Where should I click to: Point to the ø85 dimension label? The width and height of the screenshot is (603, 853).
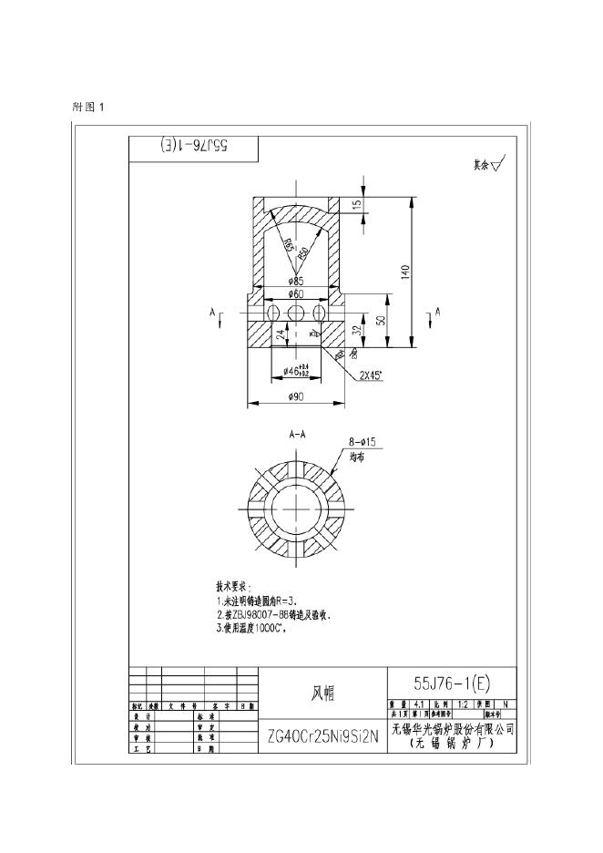tap(295, 281)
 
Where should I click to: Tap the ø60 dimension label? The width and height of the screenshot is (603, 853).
tap(295, 294)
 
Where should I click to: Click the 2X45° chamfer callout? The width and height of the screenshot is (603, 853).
tap(371, 374)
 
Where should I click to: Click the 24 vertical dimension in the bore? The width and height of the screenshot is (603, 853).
tap(281, 334)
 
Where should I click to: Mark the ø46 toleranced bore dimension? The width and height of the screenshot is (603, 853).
tap(295, 371)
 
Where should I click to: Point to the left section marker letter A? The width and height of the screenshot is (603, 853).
tap(213, 313)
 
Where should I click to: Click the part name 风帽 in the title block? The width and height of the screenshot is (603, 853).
tap(322, 694)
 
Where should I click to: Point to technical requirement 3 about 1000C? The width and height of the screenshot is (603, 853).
tap(251, 628)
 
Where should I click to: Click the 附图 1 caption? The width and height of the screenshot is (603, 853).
tap(89, 107)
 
